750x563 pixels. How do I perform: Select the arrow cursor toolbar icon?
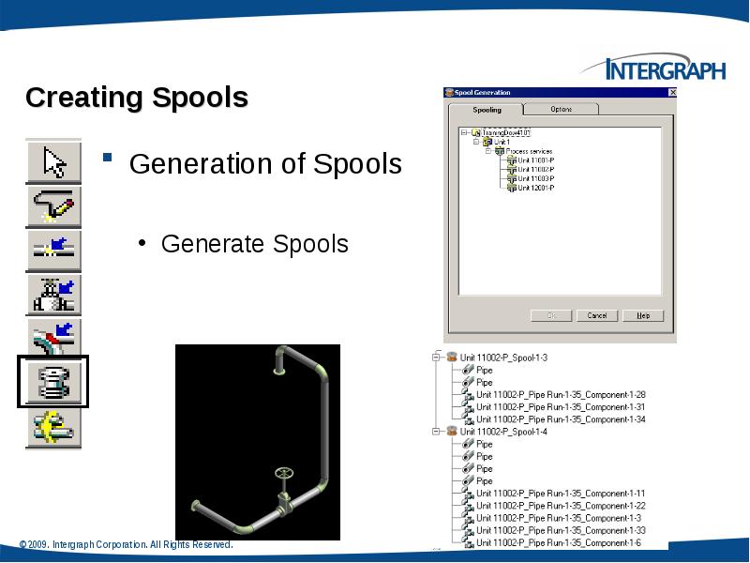[54, 161]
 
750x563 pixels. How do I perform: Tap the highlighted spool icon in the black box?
[54, 382]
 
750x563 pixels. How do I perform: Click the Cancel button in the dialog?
[597, 315]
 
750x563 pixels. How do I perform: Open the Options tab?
[561, 110]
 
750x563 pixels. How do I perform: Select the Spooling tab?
[487, 110]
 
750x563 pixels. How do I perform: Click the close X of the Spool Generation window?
[672, 93]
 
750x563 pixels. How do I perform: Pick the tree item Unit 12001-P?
[536, 187]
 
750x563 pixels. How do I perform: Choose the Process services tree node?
[530, 151]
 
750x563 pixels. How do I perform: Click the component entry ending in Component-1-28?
[561, 395]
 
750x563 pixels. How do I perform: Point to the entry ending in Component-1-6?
[557, 542]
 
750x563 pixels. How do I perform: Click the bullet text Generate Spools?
[254, 244]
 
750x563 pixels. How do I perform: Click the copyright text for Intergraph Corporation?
[126, 544]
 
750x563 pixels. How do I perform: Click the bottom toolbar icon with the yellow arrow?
[54, 427]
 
